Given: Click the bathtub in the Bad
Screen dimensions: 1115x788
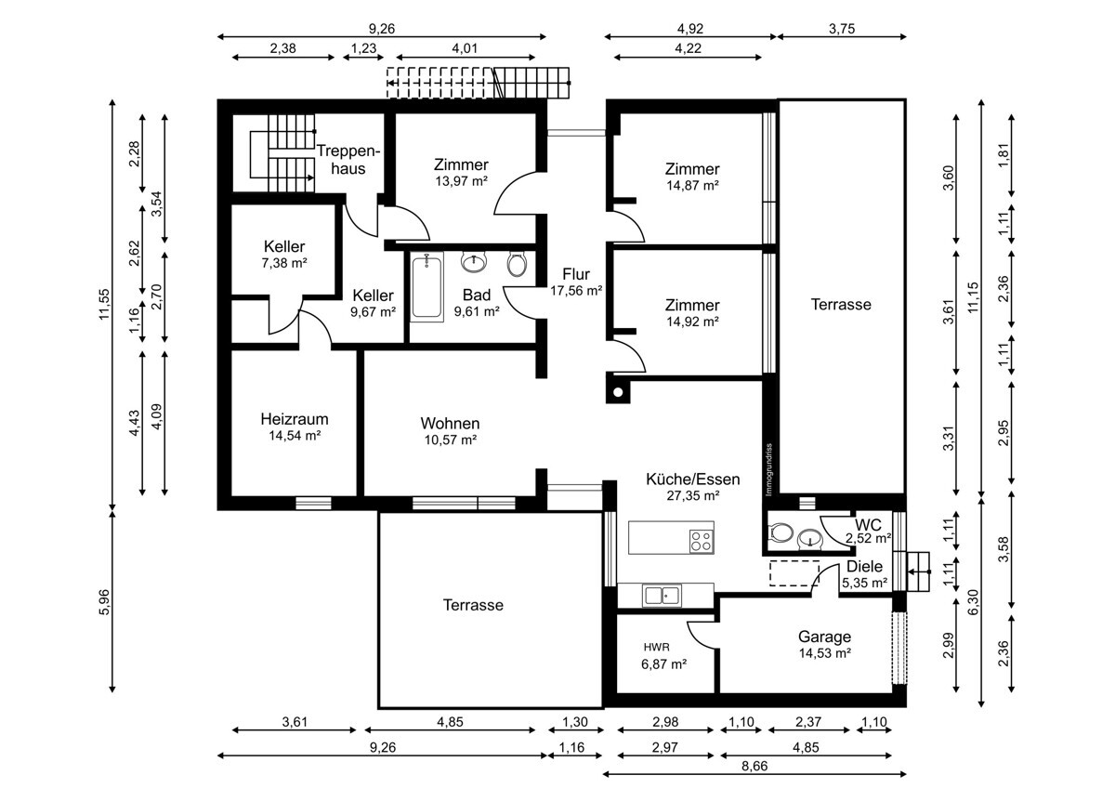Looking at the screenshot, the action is [x=427, y=286].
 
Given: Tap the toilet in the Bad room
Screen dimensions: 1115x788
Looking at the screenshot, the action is [x=517, y=264].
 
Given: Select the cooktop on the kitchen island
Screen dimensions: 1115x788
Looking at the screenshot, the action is [x=701, y=541].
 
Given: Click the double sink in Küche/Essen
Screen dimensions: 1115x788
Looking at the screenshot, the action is [x=662, y=596].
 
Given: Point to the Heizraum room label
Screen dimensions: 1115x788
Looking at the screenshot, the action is [x=295, y=419].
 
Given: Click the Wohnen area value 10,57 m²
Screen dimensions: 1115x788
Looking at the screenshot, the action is [x=450, y=440].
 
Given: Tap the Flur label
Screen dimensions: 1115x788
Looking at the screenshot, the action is [x=576, y=274].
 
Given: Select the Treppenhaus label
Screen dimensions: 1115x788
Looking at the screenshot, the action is [x=348, y=159].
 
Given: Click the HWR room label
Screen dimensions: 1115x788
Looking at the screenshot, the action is [x=657, y=647].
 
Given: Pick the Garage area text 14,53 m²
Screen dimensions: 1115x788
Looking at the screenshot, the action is [x=824, y=653].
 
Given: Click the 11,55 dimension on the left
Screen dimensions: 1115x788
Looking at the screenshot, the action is [x=104, y=304].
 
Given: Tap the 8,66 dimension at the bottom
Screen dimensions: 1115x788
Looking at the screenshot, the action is [x=754, y=766].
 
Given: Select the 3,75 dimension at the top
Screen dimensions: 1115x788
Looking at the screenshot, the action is [x=842, y=29].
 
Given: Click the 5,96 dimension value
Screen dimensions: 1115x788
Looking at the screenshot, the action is [x=104, y=602].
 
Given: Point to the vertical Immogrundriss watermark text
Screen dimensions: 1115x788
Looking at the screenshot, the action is [x=768, y=469].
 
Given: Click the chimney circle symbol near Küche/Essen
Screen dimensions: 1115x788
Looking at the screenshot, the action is [x=618, y=392].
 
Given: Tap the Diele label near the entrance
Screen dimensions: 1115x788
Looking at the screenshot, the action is [x=865, y=566].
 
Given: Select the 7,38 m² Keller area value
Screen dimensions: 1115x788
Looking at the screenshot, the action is [x=284, y=263].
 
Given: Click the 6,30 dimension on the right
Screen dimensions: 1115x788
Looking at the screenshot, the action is [x=973, y=602].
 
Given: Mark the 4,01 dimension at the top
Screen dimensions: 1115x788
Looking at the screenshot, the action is [x=465, y=48].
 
